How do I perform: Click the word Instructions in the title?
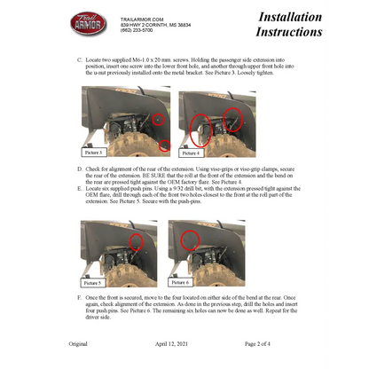pos(289,32)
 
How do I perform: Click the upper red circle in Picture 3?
pos(157,118)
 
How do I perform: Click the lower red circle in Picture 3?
pos(164,145)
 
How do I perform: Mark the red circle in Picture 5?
pos(137,241)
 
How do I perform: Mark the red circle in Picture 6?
pos(188,239)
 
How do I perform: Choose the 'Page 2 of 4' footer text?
pos(263,342)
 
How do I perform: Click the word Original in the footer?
pos(78,342)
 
